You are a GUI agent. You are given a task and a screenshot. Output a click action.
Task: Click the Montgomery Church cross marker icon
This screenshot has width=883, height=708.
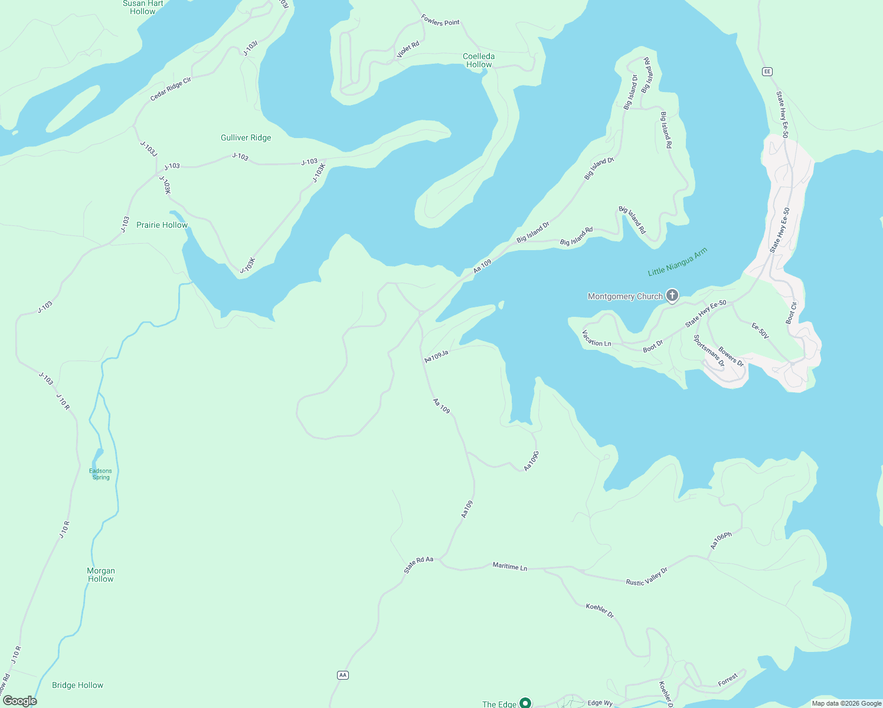click(672, 296)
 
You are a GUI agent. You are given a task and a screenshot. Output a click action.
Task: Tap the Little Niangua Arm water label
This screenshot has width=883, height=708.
click(677, 263)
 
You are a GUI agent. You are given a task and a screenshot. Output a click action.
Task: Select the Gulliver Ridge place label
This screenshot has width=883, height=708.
click(246, 138)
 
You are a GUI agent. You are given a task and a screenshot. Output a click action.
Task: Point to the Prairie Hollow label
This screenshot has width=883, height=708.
click(162, 225)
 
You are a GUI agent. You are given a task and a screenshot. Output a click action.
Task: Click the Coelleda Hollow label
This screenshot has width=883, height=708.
click(479, 61)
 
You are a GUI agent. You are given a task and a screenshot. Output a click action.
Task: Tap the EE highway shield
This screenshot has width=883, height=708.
click(767, 71)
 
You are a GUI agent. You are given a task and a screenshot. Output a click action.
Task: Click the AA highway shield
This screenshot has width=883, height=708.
click(342, 675)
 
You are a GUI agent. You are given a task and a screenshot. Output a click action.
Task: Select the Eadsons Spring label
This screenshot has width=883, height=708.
click(100, 474)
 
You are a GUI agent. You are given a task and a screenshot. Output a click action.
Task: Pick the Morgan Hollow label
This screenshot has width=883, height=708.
click(101, 575)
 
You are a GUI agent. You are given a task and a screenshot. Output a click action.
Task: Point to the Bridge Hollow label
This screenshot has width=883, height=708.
click(77, 686)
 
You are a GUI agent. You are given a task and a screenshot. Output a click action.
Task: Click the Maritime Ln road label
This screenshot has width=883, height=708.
click(509, 566)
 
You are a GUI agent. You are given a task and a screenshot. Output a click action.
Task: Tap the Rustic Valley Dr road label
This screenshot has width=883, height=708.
click(646, 577)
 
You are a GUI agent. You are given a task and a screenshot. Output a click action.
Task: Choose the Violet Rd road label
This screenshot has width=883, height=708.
click(407, 50)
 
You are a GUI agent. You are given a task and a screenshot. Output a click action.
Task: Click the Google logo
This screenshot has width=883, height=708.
click(19, 701)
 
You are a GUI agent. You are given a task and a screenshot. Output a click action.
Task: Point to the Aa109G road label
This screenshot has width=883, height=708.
click(531, 461)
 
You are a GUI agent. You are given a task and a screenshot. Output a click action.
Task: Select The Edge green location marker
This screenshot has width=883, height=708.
click(525, 703)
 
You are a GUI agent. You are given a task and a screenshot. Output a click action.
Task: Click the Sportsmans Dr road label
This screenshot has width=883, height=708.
click(708, 351)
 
